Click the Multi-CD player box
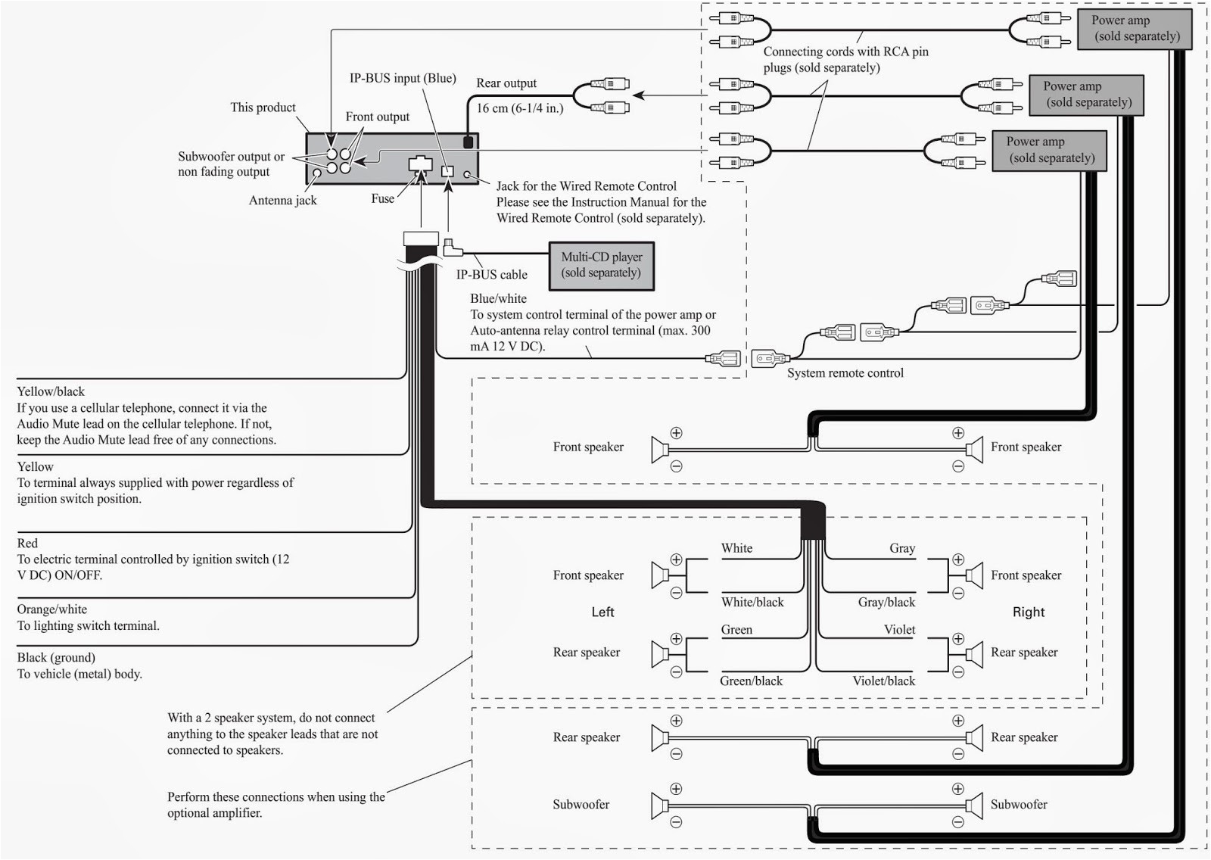601,266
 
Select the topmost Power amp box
1135,29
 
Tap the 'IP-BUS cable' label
491,275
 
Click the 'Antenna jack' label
282,201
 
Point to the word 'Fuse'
382,198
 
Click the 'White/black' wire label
752,603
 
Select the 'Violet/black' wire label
883,681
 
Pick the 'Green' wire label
736,630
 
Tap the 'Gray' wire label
902,548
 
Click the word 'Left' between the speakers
602,612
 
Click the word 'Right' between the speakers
1028,612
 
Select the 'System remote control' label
845,373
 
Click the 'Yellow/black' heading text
51,391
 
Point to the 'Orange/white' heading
51,609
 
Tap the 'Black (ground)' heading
56,658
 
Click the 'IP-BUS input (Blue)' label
402,79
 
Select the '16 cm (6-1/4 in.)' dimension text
519,108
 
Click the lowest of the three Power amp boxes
1049,150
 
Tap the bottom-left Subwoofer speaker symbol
659,805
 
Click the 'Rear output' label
506,83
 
